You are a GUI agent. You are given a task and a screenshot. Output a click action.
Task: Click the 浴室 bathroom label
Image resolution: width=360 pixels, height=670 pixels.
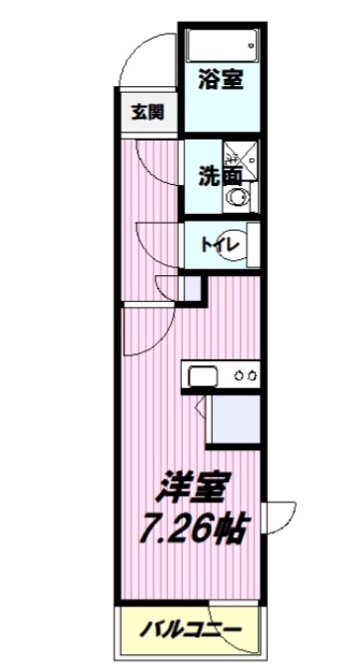pyautogui.click(x=220, y=80)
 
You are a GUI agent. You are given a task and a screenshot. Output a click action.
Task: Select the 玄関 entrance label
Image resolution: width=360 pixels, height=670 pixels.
pyautogui.click(x=146, y=111)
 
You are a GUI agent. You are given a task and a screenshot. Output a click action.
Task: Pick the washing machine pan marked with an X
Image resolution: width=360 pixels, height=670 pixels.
pyautogui.click(x=237, y=154)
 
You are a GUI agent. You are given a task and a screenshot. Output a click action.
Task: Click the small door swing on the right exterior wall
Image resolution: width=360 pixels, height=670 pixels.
pyautogui.click(x=282, y=519)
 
